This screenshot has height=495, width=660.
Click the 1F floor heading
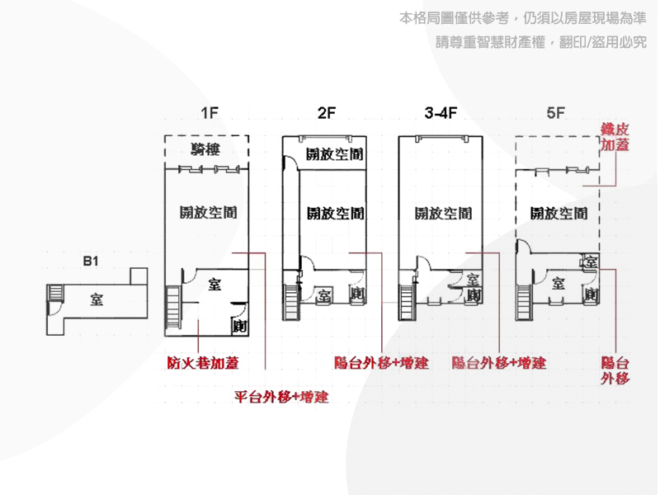click(x=210, y=113)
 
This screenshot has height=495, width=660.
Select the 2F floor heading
click(x=326, y=113)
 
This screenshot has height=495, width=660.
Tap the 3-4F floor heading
click(x=441, y=113)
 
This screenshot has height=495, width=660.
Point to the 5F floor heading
click(x=555, y=113)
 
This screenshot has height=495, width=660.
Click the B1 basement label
click(x=91, y=261)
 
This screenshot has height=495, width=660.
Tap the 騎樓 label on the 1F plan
click(x=205, y=149)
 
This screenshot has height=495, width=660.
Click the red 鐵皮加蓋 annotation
click(x=615, y=137)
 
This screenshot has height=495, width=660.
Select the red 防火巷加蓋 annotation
click(x=203, y=363)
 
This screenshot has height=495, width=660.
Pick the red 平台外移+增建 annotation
click(x=281, y=397)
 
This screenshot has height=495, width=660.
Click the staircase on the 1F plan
click(x=173, y=307)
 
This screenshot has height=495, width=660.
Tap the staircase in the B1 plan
click(x=54, y=292)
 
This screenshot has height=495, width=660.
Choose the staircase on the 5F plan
click(x=523, y=302)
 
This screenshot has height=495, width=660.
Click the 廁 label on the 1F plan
click(x=239, y=326)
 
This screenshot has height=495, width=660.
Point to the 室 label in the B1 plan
click(x=97, y=299)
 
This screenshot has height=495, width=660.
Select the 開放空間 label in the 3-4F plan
click(x=443, y=214)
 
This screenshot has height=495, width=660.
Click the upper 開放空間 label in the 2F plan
click(x=335, y=154)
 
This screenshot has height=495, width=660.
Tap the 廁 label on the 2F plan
click(x=357, y=293)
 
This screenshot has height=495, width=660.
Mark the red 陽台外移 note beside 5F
click(x=615, y=370)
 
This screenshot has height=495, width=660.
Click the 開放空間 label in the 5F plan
click(x=559, y=214)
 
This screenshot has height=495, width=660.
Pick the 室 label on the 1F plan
click(x=214, y=285)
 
